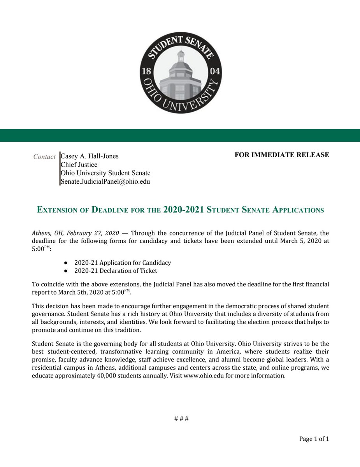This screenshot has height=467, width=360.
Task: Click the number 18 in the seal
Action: (147, 72)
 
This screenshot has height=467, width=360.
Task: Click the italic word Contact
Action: (44, 157)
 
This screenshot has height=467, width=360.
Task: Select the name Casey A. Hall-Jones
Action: (90, 156)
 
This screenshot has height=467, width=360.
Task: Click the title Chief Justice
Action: (79, 165)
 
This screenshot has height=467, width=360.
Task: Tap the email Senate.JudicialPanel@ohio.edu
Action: (105, 181)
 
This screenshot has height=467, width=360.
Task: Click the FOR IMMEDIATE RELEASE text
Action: (282, 155)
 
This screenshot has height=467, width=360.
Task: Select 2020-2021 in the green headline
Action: (184, 210)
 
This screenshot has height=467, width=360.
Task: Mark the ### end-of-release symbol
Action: (181, 419)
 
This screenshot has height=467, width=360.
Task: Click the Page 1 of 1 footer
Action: (314, 439)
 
